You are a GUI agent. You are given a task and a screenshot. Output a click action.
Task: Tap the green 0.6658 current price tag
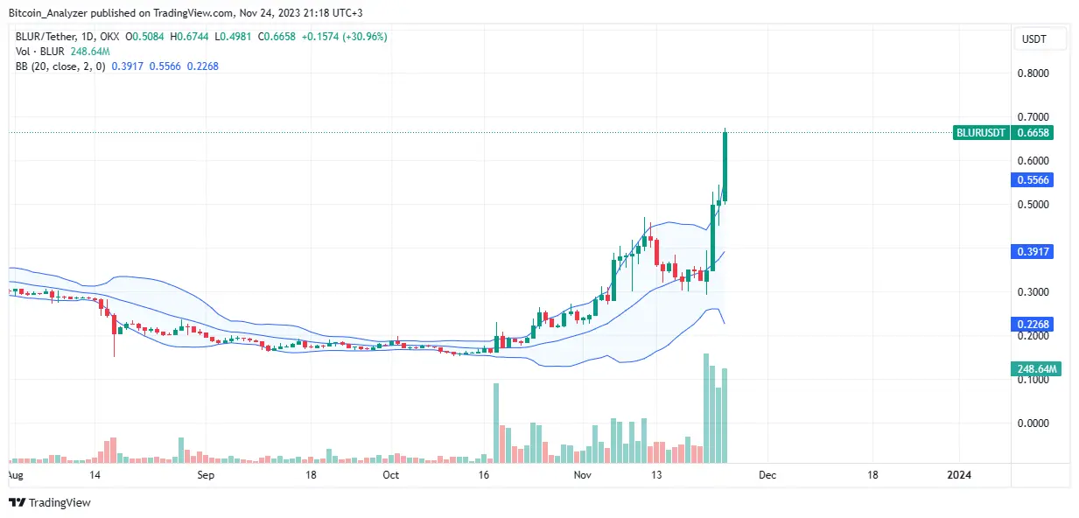1033,133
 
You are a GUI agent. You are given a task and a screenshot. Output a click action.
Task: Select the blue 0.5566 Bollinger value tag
1033,179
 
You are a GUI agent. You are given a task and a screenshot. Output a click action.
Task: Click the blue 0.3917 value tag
1033,251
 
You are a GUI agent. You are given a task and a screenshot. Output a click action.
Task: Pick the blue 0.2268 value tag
1033,324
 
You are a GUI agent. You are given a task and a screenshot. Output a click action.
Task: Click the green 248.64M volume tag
1036,370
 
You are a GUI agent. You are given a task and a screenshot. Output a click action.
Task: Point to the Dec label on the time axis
767,475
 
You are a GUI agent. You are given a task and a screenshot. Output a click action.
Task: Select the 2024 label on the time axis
960,475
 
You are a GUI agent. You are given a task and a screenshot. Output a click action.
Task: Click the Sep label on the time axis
206,475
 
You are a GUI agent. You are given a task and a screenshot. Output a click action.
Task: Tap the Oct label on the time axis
391,475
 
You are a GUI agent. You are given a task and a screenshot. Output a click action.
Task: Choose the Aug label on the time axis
15,475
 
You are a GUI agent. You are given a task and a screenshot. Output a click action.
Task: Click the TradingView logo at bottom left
50,502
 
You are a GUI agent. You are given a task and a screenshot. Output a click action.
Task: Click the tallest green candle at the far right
725,166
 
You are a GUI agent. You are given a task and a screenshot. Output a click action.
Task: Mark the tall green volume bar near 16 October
496,422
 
